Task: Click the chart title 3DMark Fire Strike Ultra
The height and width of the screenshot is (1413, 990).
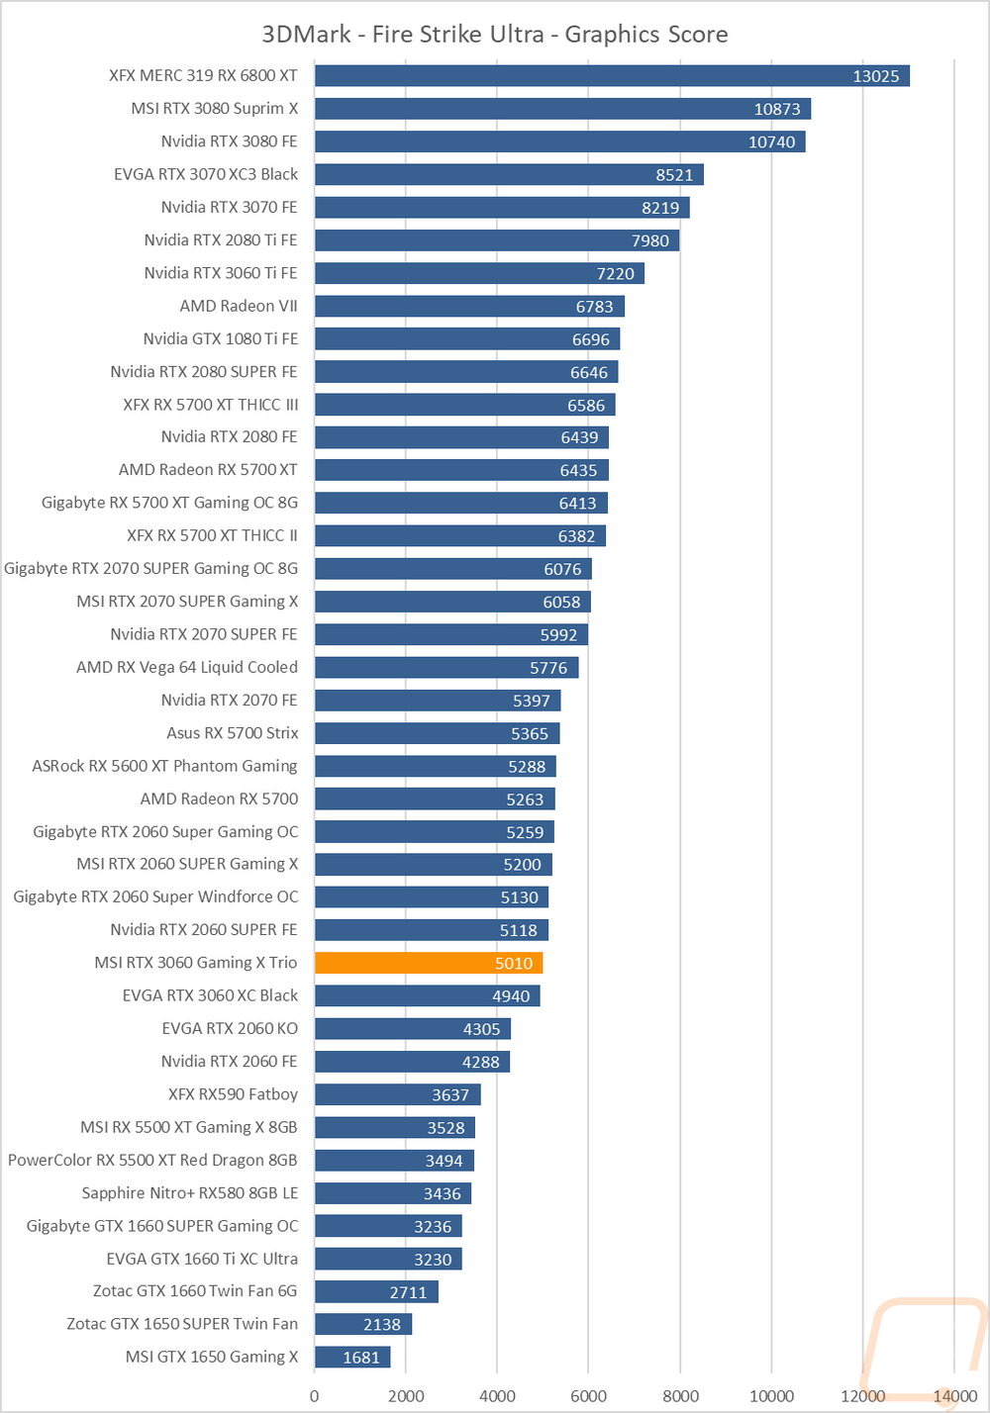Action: pos(495,35)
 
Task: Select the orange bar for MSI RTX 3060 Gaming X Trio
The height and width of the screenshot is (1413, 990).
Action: pos(429,963)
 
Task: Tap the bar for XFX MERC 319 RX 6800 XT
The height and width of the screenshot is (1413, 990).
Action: pos(612,76)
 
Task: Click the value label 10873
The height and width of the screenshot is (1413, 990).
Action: pos(777,109)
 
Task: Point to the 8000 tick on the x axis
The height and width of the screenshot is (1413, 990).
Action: pos(680,1396)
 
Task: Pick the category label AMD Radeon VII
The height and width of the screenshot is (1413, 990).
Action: pos(239,306)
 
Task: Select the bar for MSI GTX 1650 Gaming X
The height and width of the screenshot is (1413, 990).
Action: pos(352,1357)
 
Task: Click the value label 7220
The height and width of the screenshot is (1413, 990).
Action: pos(615,273)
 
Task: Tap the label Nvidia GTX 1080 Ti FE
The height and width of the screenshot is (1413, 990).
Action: pos(220,338)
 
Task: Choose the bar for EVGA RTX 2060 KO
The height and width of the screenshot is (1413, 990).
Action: pos(413,1029)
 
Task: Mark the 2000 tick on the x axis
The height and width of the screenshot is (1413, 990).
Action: pos(406,1396)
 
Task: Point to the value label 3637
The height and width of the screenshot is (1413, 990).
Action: pos(450,1094)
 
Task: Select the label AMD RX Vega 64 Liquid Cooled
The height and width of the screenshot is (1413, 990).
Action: pos(187,667)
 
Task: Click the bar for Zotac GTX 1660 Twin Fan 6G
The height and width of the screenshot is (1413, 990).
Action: pos(376,1291)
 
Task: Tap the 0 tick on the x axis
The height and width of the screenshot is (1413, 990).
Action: pos(315,1396)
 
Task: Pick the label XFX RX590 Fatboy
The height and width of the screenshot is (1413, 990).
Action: pos(233,1094)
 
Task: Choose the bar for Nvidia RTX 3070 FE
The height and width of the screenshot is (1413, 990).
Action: pos(502,208)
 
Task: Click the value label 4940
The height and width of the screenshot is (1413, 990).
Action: pos(511,996)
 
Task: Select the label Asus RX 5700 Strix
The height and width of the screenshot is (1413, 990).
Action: pos(232,733)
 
